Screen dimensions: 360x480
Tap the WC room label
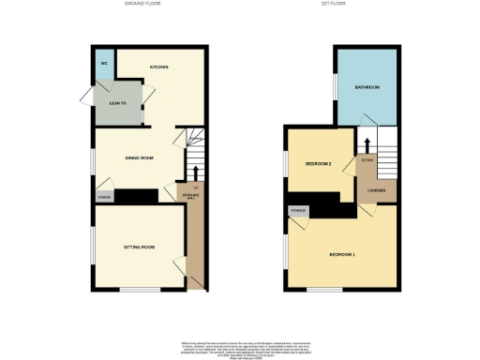click(104, 65)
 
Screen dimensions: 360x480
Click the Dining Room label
click(139, 157)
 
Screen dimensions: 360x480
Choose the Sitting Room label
click(139, 247)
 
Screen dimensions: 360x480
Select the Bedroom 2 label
click(319, 165)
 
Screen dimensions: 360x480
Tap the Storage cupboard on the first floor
click(299, 211)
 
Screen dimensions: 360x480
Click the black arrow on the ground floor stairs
click(195, 171)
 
